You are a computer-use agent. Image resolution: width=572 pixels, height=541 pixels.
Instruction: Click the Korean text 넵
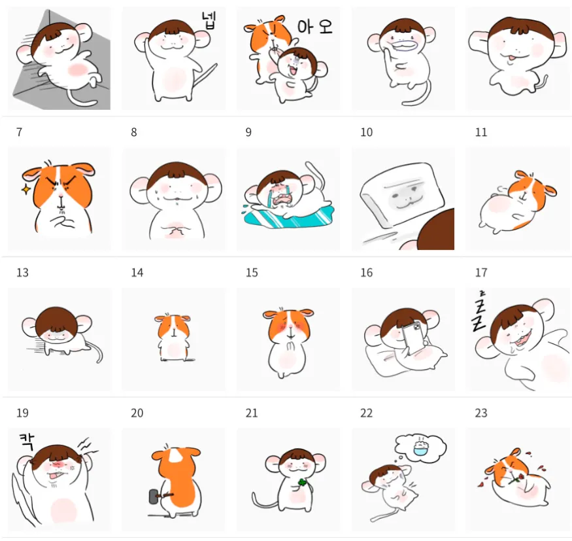209,20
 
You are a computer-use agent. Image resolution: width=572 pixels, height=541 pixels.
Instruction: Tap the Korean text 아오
315,27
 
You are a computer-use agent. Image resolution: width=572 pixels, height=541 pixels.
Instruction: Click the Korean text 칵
27,442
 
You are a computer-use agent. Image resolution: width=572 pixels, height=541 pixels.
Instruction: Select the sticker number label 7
20,132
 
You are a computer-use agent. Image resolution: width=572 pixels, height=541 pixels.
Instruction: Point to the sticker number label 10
366,132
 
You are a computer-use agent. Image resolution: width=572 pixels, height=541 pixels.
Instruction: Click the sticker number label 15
252,273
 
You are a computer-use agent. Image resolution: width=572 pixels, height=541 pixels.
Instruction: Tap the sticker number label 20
137,413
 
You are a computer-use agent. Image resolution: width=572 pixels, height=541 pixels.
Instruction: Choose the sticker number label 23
480,413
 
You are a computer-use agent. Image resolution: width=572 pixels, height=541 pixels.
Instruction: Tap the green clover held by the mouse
302,483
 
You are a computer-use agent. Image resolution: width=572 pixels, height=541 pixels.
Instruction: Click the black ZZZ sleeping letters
479,311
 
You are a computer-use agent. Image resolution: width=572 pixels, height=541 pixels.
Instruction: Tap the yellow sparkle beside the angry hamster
26,190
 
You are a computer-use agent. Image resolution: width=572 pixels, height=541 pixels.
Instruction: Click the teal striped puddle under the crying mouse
288,217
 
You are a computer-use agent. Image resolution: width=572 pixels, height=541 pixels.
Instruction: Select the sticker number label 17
480,273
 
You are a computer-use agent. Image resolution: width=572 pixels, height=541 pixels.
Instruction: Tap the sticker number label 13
22,273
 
